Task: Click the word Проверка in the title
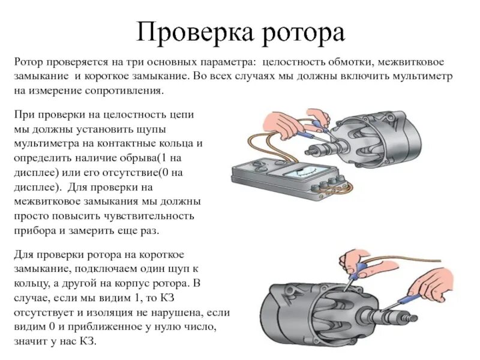[195, 32]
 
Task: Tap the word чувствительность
[149, 216]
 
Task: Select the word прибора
[34, 231]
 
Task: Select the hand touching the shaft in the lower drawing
[432, 285]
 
